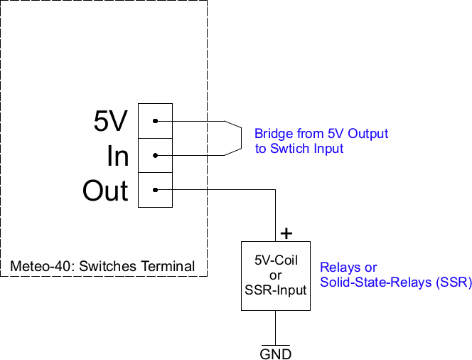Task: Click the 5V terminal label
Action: click(x=110, y=122)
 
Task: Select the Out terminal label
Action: click(x=105, y=191)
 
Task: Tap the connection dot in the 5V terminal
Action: click(x=155, y=121)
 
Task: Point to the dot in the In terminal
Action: click(x=155, y=156)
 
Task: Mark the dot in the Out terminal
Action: click(x=155, y=190)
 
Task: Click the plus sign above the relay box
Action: click(x=286, y=233)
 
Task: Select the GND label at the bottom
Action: click(x=276, y=354)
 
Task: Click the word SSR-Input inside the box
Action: click(x=276, y=290)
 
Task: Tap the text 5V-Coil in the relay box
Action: click(x=276, y=261)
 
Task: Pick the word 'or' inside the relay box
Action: click(x=276, y=275)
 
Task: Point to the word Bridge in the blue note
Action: click(x=271, y=134)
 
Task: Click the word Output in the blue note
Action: click(x=368, y=134)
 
